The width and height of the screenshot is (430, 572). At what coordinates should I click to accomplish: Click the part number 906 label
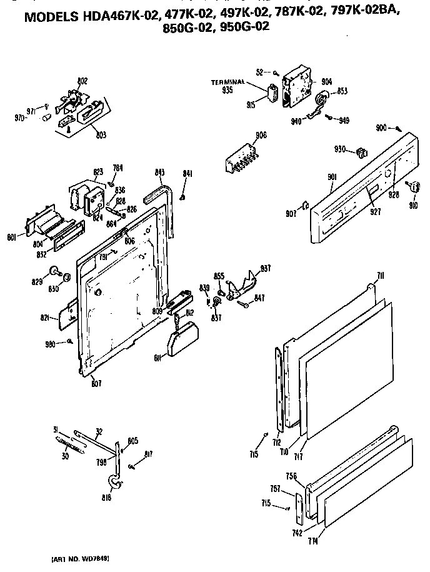pyautogui.click(x=261, y=135)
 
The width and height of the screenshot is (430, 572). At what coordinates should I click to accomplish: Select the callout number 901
pyautogui.click(x=332, y=178)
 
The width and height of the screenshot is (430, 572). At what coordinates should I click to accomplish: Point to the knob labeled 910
pyautogui.click(x=412, y=185)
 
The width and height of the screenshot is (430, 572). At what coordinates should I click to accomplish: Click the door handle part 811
pyautogui.click(x=181, y=341)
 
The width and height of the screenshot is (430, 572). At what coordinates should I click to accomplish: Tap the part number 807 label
pyautogui.click(x=96, y=383)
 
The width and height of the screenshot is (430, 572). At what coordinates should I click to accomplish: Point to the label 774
pyautogui.click(x=312, y=541)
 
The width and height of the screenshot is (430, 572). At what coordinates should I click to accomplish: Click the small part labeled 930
pyautogui.click(x=359, y=152)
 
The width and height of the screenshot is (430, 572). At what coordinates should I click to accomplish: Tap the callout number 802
pyautogui.click(x=82, y=81)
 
